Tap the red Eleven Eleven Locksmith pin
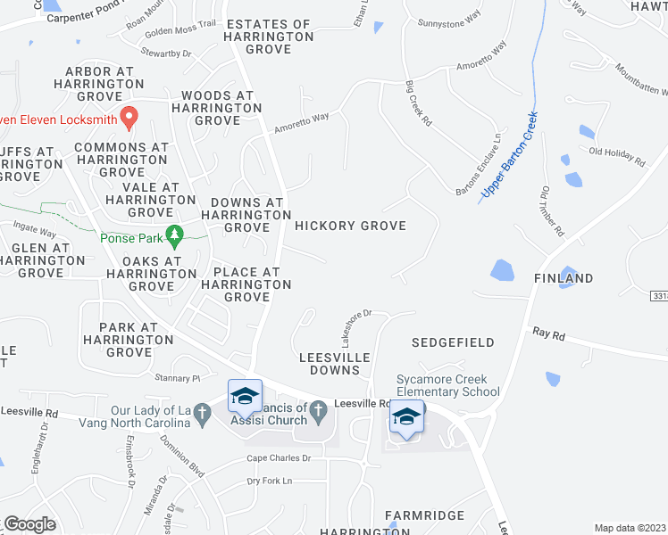[129, 116]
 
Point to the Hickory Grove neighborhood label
[350, 226]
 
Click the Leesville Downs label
[329, 363]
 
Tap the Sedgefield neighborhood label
[453, 342]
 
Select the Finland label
[564, 278]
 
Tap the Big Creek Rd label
[417, 103]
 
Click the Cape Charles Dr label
[279, 458]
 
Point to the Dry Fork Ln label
[269, 481]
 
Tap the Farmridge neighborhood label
[425, 515]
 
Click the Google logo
[29, 524]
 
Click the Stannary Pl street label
[175, 378]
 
